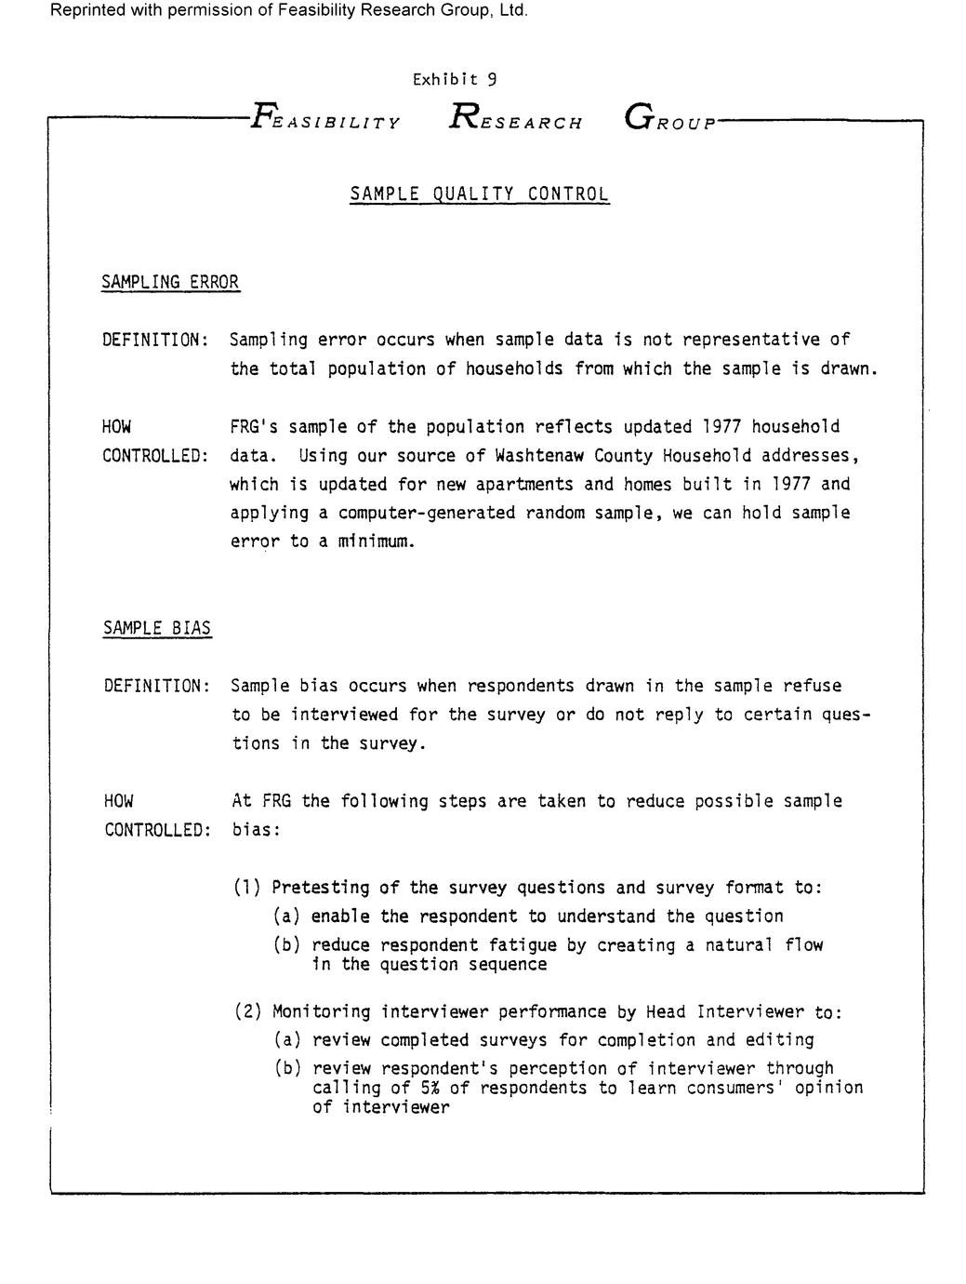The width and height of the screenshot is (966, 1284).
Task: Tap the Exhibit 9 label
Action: point(455,80)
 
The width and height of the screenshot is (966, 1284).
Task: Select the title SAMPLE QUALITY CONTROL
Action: point(480,194)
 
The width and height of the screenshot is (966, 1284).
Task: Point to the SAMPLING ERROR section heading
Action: point(170,282)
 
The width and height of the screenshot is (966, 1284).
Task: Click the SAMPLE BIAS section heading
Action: point(157,628)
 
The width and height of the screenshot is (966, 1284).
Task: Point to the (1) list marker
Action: point(247,888)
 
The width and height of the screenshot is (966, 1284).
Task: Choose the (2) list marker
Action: point(247,1011)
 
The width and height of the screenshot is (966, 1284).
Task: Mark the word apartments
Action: point(526,485)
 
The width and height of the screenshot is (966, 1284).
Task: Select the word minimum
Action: point(373,542)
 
